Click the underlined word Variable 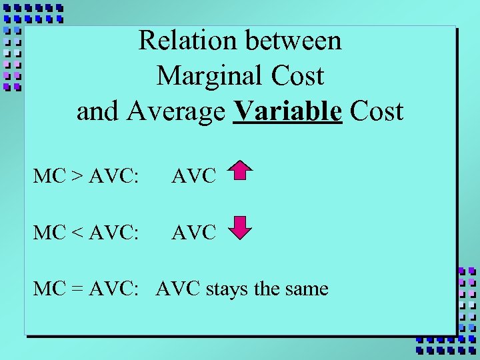288,111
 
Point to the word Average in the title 180,111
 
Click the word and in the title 98,111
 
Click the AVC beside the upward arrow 194,177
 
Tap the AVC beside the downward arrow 194,233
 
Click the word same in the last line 307,290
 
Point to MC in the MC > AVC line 48,177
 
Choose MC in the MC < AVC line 48,233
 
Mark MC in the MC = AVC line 48,289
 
